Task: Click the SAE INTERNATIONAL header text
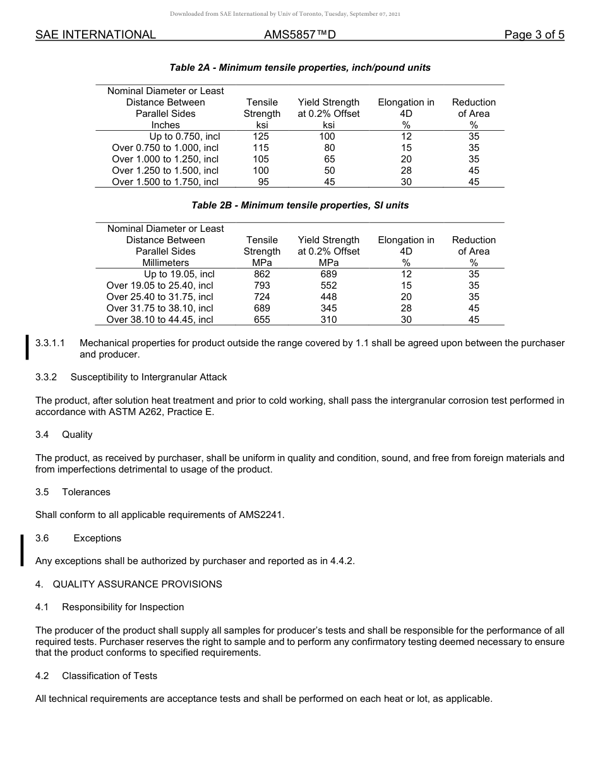click(95, 35)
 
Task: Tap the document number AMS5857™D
click(299, 35)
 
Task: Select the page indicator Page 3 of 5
click(534, 35)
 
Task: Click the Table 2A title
click(300, 68)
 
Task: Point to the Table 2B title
click(300, 205)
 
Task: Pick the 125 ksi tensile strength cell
click(261, 136)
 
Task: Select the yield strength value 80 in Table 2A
click(329, 148)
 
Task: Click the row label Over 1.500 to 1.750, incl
click(165, 182)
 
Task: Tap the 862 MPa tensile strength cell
click(261, 274)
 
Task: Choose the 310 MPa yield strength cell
click(328, 320)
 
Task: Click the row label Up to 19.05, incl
click(179, 274)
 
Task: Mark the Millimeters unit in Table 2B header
click(165, 263)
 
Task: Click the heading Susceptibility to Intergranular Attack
click(148, 377)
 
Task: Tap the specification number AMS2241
click(261, 515)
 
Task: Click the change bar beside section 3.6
click(23, 550)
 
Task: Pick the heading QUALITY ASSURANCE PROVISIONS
click(137, 584)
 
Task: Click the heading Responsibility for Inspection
click(123, 607)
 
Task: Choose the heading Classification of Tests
click(109, 676)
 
